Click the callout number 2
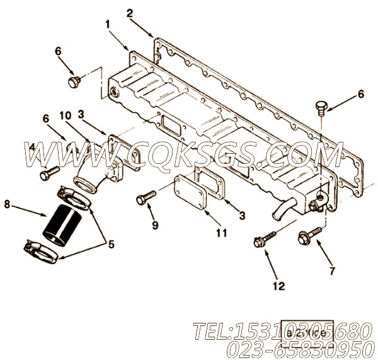(129, 12)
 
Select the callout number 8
(7, 204)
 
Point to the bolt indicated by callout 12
(265, 240)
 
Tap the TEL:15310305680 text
(278, 330)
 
